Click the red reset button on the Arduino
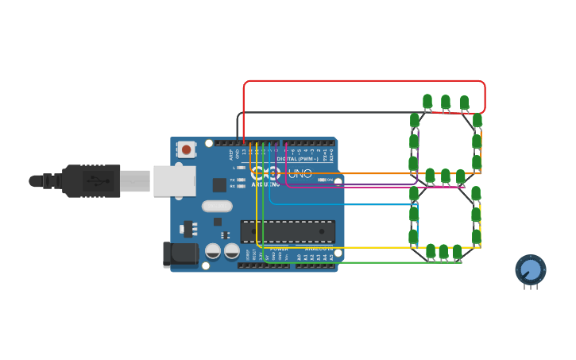[x=186, y=149]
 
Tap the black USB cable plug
[x=87, y=180]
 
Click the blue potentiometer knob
[x=531, y=270]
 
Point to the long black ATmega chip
[x=288, y=231]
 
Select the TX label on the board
[x=232, y=180]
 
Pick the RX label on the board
[x=232, y=186]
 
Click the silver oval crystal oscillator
[x=216, y=207]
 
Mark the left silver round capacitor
[x=213, y=251]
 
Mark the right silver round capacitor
[x=232, y=251]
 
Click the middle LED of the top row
[x=446, y=102]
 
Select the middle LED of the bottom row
[x=443, y=251]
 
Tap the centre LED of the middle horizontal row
[x=446, y=176]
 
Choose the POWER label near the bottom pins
[x=280, y=250]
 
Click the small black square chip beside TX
[x=219, y=184]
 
